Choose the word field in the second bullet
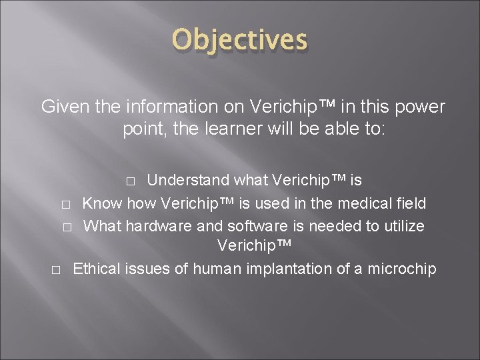click(407, 203)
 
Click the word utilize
click(399, 225)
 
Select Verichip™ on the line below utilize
click(254, 247)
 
